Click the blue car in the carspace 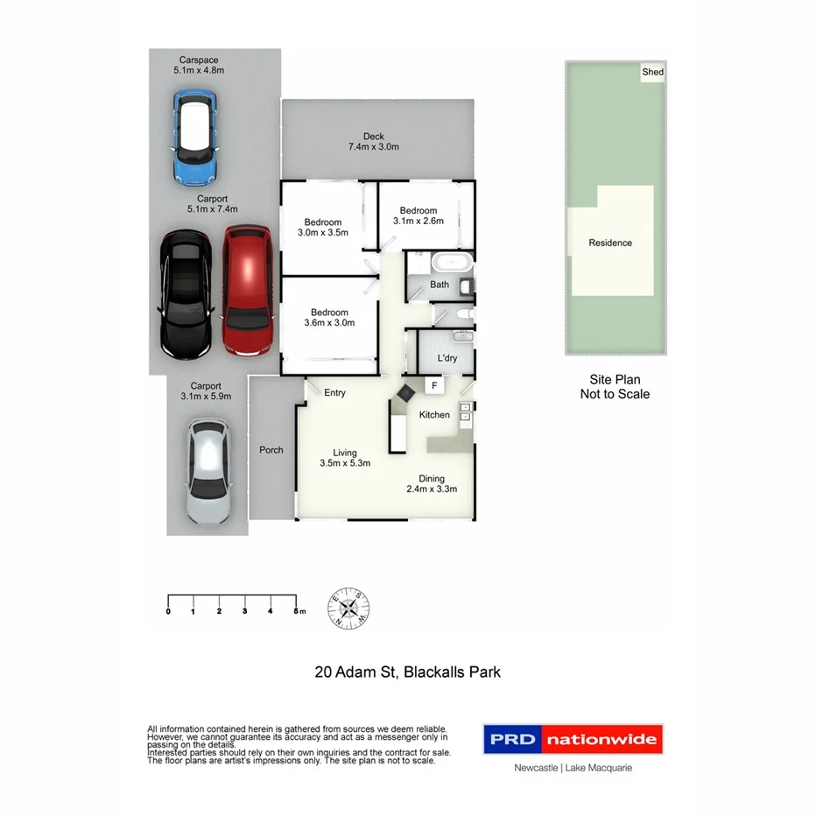coord(195,140)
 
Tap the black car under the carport coord(185,294)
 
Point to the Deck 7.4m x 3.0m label coord(374,141)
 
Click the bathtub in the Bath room coord(451,262)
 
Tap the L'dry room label coord(447,359)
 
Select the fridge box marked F coord(433,384)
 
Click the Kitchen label coord(434,414)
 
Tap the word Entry coord(334,393)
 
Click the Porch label coord(271,450)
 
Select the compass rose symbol coord(348,606)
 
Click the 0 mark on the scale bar coord(168,611)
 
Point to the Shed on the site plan coord(653,73)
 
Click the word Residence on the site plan coord(610,243)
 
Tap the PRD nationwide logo coord(573,740)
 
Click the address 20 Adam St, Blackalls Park coord(407,672)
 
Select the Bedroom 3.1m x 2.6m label coord(419,215)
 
